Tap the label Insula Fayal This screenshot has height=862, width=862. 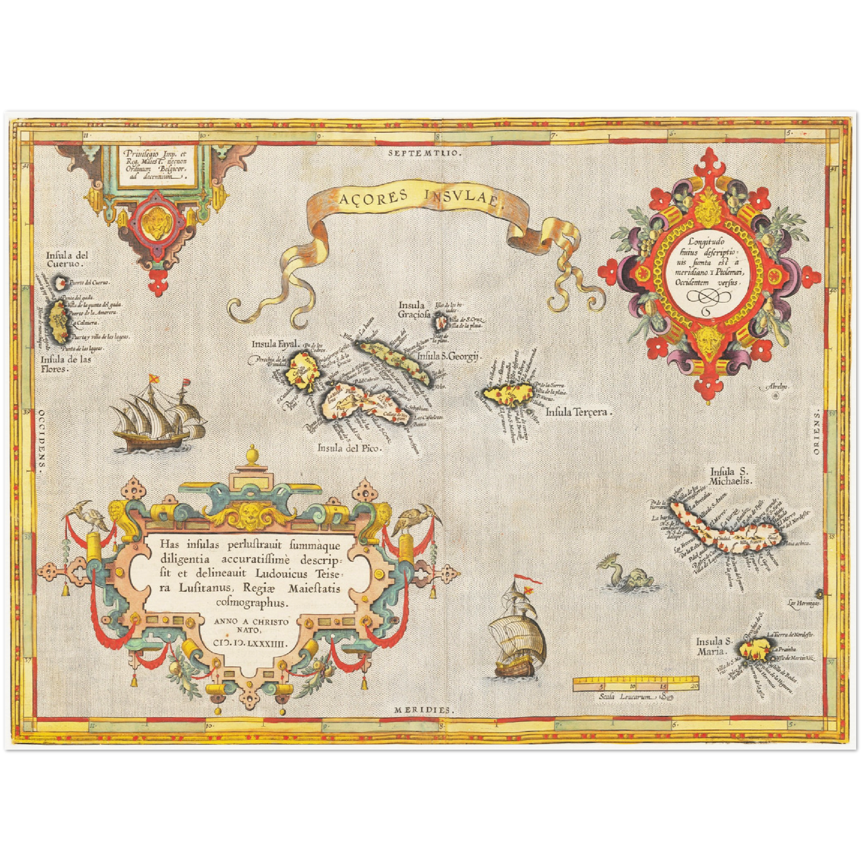point(274,344)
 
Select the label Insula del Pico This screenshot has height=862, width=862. point(348,448)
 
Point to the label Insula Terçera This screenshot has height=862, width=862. point(579,412)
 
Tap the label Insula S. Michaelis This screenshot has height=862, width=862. point(731,475)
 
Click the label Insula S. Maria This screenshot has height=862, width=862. point(713,646)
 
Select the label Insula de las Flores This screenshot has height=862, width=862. point(66,363)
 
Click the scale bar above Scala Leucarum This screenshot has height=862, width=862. point(636,683)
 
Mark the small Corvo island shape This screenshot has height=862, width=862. point(60,282)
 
